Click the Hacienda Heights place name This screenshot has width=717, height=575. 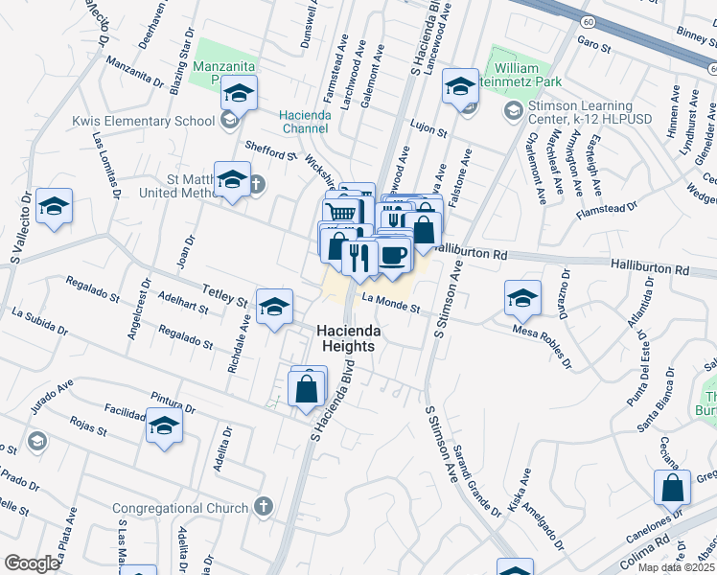(x=349, y=340)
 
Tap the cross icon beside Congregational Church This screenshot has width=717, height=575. (x=265, y=507)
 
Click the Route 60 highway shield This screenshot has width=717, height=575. (x=586, y=20)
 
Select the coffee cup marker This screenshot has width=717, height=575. (x=392, y=254)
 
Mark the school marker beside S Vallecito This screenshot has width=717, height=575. (x=55, y=207)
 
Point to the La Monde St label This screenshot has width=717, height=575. (x=391, y=303)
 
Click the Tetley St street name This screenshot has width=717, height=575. (x=223, y=294)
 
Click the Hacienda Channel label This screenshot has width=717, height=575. (x=305, y=122)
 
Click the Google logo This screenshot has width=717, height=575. (x=31, y=563)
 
